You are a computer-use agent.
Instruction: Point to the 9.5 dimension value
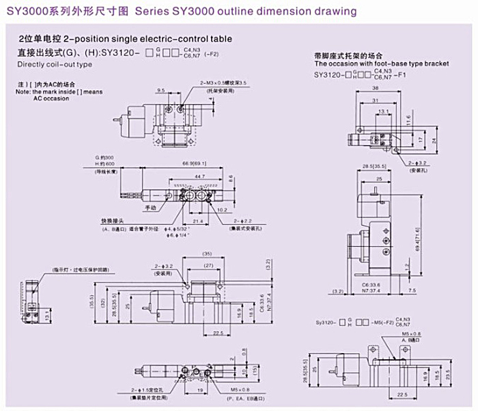(161, 90)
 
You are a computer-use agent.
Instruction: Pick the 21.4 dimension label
(197, 222)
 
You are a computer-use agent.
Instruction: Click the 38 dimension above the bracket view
(376, 89)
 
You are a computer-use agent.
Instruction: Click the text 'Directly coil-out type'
(54, 64)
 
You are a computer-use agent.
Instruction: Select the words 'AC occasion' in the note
(51, 98)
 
